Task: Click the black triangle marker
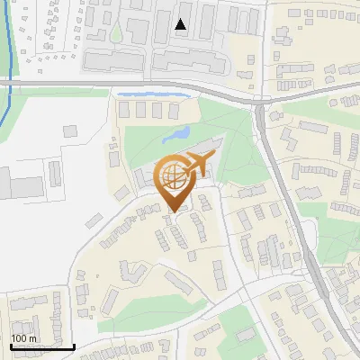tap(181, 25)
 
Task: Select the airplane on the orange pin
tap(197, 165)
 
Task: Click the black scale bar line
tap(41, 346)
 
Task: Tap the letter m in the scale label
tap(32, 338)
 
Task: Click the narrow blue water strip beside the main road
tap(153, 93)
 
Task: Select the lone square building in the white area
tap(71, 131)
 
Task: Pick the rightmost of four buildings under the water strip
tap(173, 110)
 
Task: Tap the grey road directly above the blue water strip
tap(153, 85)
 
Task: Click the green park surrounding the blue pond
tap(148, 144)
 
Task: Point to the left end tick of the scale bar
tap(10, 345)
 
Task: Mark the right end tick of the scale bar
tap(74, 345)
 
